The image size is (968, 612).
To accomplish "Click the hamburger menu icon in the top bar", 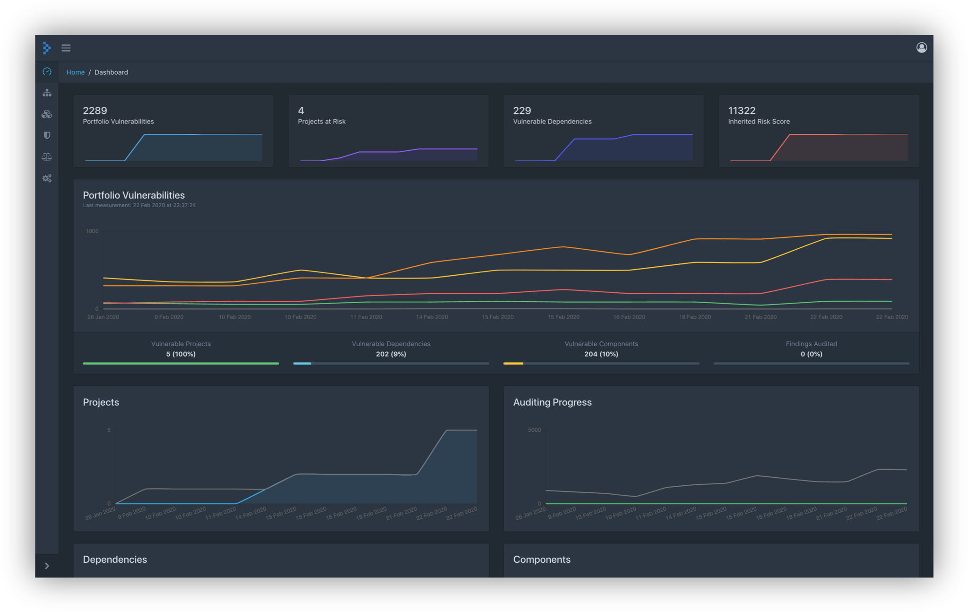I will pyautogui.click(x=66, y=48).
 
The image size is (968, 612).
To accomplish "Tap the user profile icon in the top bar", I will pyautogui.click(x=921, y=47).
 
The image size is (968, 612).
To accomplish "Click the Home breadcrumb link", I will pyautogui.click(x=75, y=72).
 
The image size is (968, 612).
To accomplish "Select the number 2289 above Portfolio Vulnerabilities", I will pyautogui.click(x=95, y=110).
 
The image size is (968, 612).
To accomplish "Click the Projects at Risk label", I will pyautogui.click(x=321, y=122).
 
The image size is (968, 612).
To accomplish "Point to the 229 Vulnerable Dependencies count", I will pyautogui.click(x=522, y=110).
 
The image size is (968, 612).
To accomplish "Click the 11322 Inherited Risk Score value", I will pyautogui.click(x=742, y=110).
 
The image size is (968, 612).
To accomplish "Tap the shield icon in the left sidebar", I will pyautogui.click(x=47, y=136).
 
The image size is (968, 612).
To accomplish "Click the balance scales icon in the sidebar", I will pyautogui.click(x=47, y=157).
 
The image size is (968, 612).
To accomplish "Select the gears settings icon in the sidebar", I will pyautogui.click(x=47, y=178).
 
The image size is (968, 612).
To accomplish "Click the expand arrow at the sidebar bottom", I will pyautogui.click(x=47, y=566).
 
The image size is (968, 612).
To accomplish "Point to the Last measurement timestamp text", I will pyautogui.click(x=139, y=205).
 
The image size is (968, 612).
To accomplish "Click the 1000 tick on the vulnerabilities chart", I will pyautogui.click(x=92, y=231).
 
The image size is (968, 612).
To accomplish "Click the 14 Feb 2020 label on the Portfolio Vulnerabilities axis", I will pyautogui.click(x=432, y=317).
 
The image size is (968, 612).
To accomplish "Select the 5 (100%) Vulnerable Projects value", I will pyautogui.click(x=181, y=354).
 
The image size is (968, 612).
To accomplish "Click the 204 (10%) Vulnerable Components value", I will pyautogui.click(x=601, y=354).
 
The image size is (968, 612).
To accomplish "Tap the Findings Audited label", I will pyautogui.click(x=811, y=344).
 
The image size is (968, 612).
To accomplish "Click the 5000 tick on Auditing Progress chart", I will pyautogui.click(x=534, y=430).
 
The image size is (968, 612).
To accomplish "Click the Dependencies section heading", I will pyautogui.click(x=115, y=560).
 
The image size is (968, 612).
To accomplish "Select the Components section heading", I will pyautogui.click(x=542, y=560).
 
